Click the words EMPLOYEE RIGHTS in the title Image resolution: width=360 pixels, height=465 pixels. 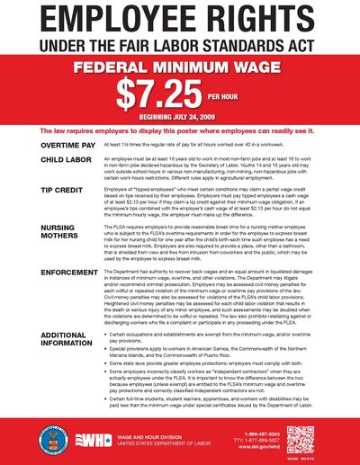pos(180,21)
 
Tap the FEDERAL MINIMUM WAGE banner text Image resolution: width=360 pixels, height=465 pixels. pos(179,67)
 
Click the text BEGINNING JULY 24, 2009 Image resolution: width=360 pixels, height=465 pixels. pos(179,116)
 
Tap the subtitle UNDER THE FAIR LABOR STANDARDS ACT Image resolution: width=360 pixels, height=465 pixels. pos(180,46)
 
